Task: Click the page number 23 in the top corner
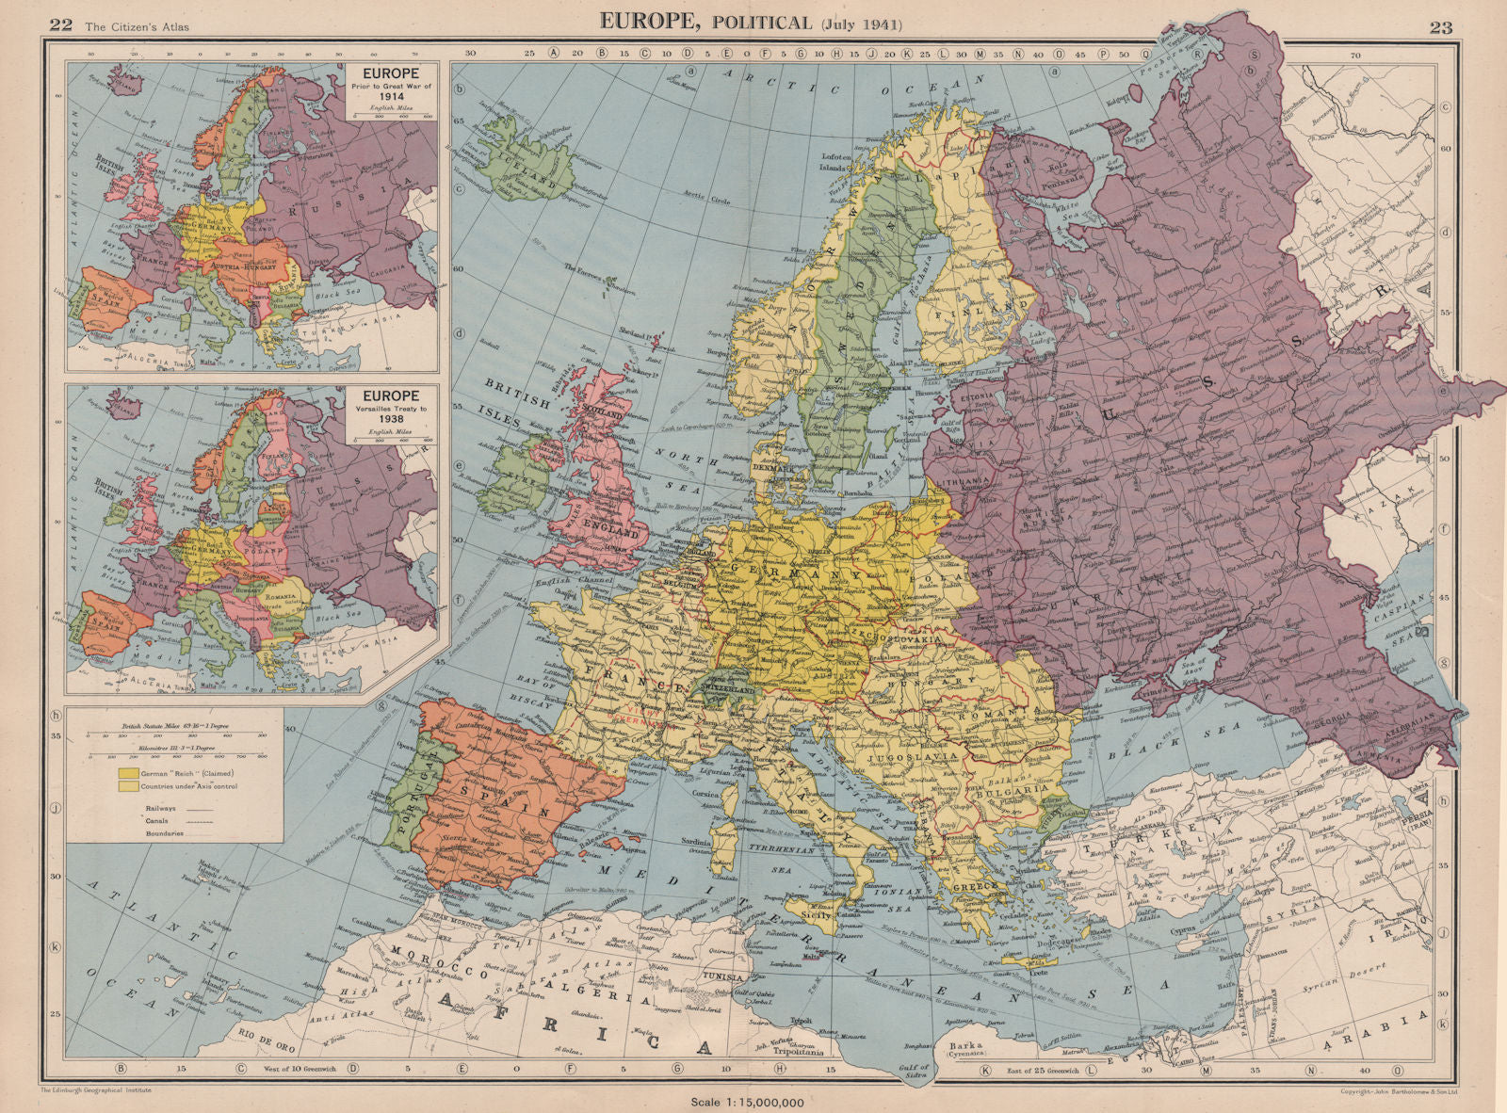click(x=1441, y=26)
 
